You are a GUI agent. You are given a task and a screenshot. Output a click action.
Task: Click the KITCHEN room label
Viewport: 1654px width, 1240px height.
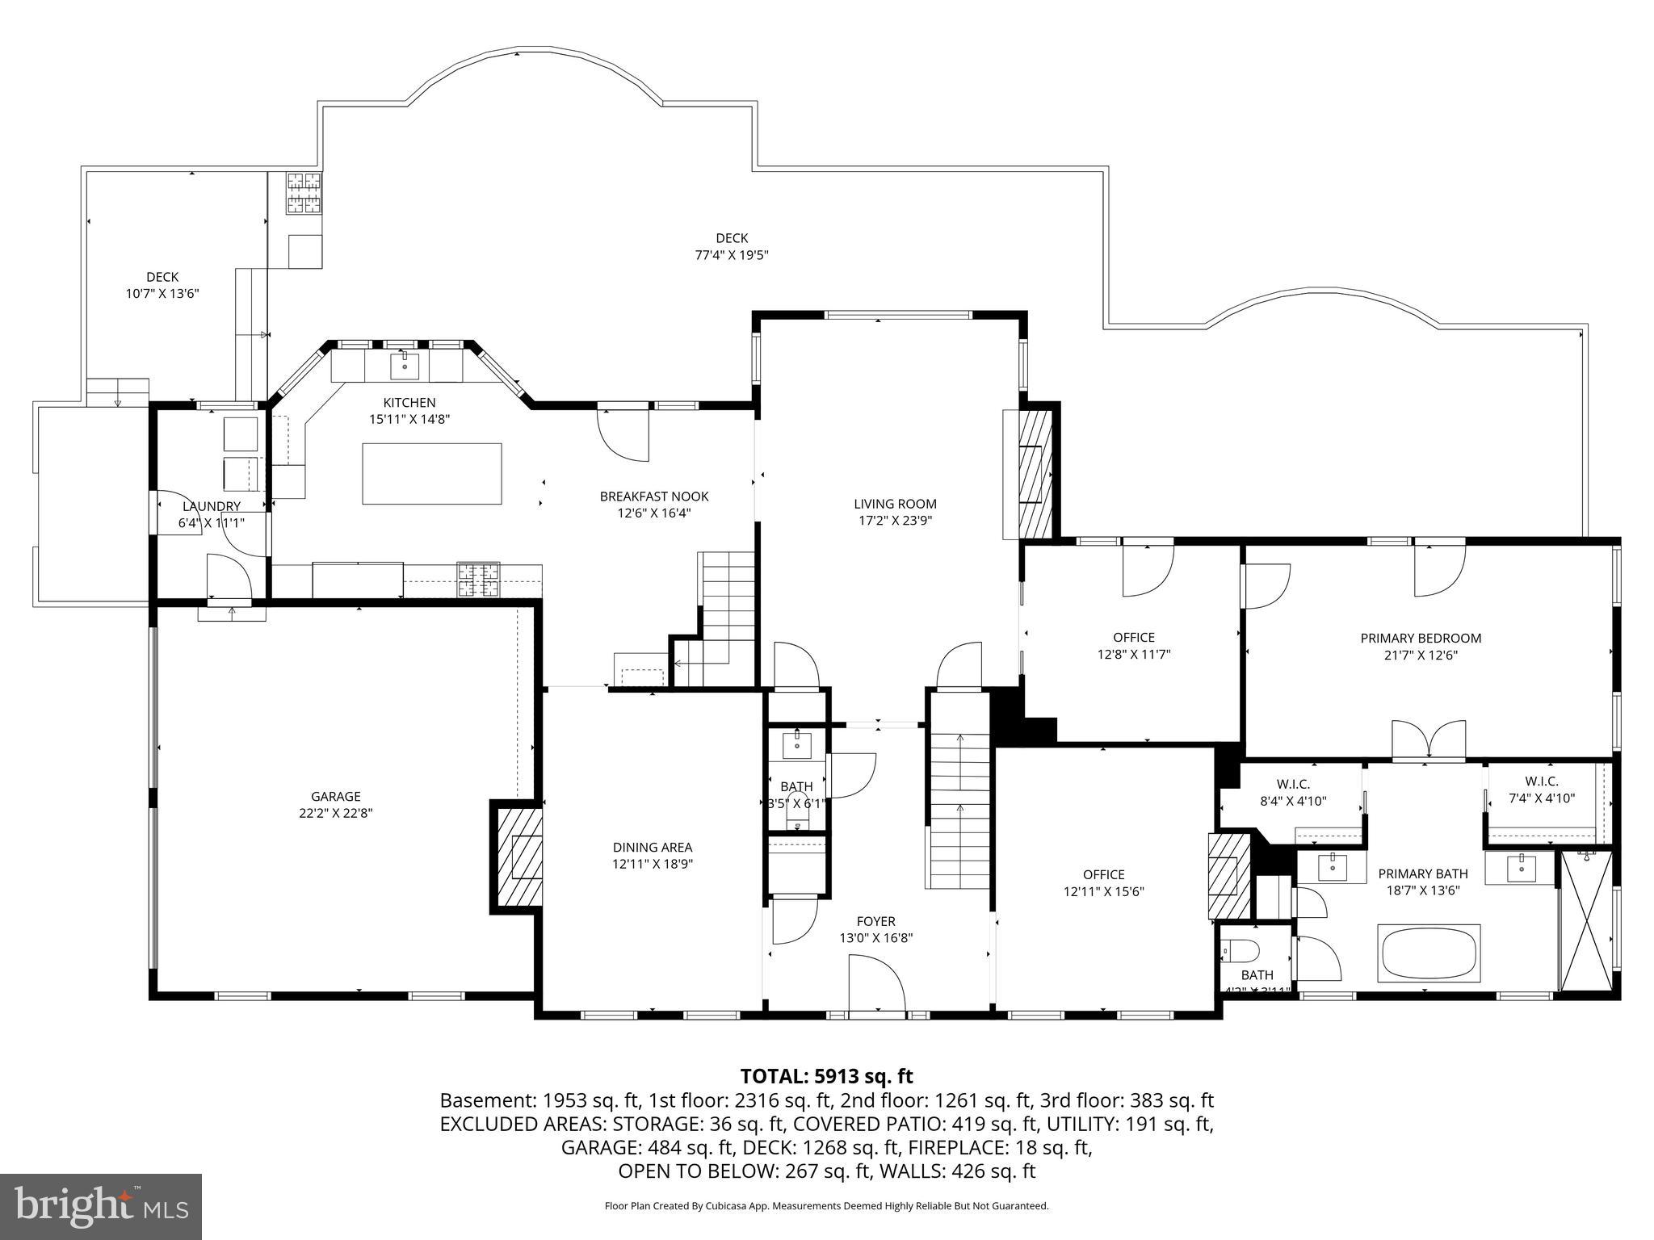pos(409,402)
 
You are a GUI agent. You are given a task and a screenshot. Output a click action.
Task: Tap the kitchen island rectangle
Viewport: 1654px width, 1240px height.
pos(431,473)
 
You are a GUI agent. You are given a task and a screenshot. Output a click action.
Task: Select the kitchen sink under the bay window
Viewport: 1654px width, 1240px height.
pos(405,367)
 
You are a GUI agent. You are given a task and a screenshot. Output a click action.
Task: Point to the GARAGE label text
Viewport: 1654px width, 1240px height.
pos(335,796)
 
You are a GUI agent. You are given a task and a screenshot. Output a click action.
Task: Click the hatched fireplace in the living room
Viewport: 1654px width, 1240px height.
pos(1035,474)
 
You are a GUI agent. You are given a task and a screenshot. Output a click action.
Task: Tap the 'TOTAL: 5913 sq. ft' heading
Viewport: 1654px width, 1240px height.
pos(826,1076)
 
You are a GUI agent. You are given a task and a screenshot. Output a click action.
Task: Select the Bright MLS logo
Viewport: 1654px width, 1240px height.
pos(101,1206)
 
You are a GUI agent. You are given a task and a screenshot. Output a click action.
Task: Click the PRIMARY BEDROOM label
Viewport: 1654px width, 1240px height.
pos(1421,638)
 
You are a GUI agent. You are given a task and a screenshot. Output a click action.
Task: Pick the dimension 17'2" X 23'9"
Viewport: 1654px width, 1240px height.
pos(895,521)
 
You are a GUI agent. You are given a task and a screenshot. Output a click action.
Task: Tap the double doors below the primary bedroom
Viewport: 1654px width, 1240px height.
pos(1428,741)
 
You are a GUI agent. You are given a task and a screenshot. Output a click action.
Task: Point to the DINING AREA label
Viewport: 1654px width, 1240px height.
pos(652,847)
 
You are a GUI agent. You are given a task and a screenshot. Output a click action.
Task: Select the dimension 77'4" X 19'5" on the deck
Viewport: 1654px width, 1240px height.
pos(732,255)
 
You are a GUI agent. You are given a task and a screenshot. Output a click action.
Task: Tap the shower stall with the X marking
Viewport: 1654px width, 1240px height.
pos(1585,920)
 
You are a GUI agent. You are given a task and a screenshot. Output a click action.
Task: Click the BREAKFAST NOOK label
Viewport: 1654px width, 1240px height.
pos(653,496)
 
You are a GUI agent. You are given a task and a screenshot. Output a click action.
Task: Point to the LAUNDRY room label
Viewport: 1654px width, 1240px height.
pos(212,506)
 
